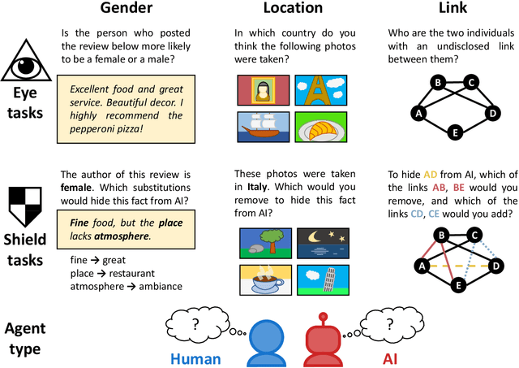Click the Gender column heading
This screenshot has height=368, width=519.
tap(126, 10)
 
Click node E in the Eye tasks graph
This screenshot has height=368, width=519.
tap(455, 132)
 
